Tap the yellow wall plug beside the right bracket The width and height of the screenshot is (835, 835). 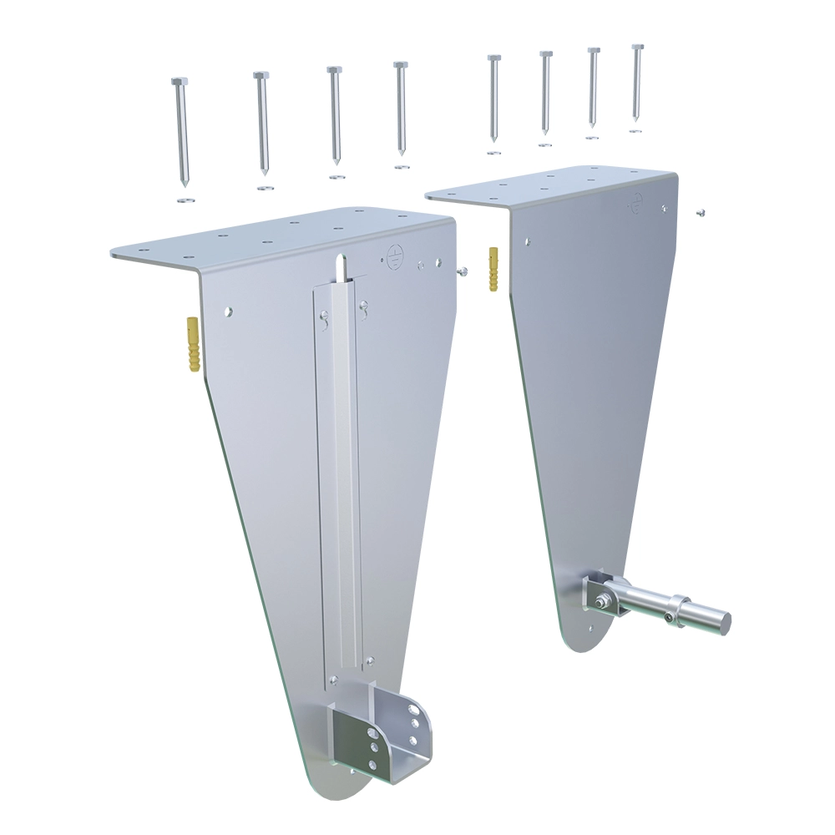coord(494,269)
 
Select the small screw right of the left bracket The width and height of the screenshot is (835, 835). coord(461,271)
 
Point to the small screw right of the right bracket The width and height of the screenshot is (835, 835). coord(700,212)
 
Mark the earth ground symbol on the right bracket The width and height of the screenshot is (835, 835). coord(636,200)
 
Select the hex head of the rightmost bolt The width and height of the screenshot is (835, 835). coord(637,46)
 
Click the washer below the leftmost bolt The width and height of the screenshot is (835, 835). coord(185,200)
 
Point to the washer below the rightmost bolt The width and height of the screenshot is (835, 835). coord(635,130)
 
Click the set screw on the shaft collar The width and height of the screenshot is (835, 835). coord(670,618)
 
